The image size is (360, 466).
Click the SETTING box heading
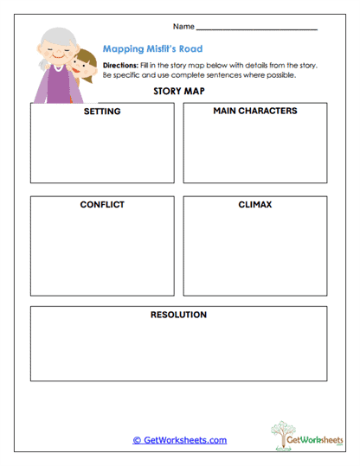pyautogui.click(x=102, y=112)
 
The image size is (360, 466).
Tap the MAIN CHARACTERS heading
pyautogui.click(x=254, y=112)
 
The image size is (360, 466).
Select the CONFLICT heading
pyautogui.click(x=102, y=205)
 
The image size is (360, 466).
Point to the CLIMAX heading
pyautogui.click(x=255, y=205)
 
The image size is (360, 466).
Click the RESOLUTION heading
pyautogui.click(x=178, y=315)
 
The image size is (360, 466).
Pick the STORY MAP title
pyautogui.click(x=179, y=91)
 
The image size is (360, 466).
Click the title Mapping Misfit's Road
pyautogui.click(x=152, y=49)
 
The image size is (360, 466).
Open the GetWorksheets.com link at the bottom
pyautogui.click(x=179, y=440)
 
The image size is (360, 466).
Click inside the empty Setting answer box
pyautogui.click(x=102, y=151)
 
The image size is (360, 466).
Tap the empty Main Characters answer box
pyautogui.click(x=254, y=151)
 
